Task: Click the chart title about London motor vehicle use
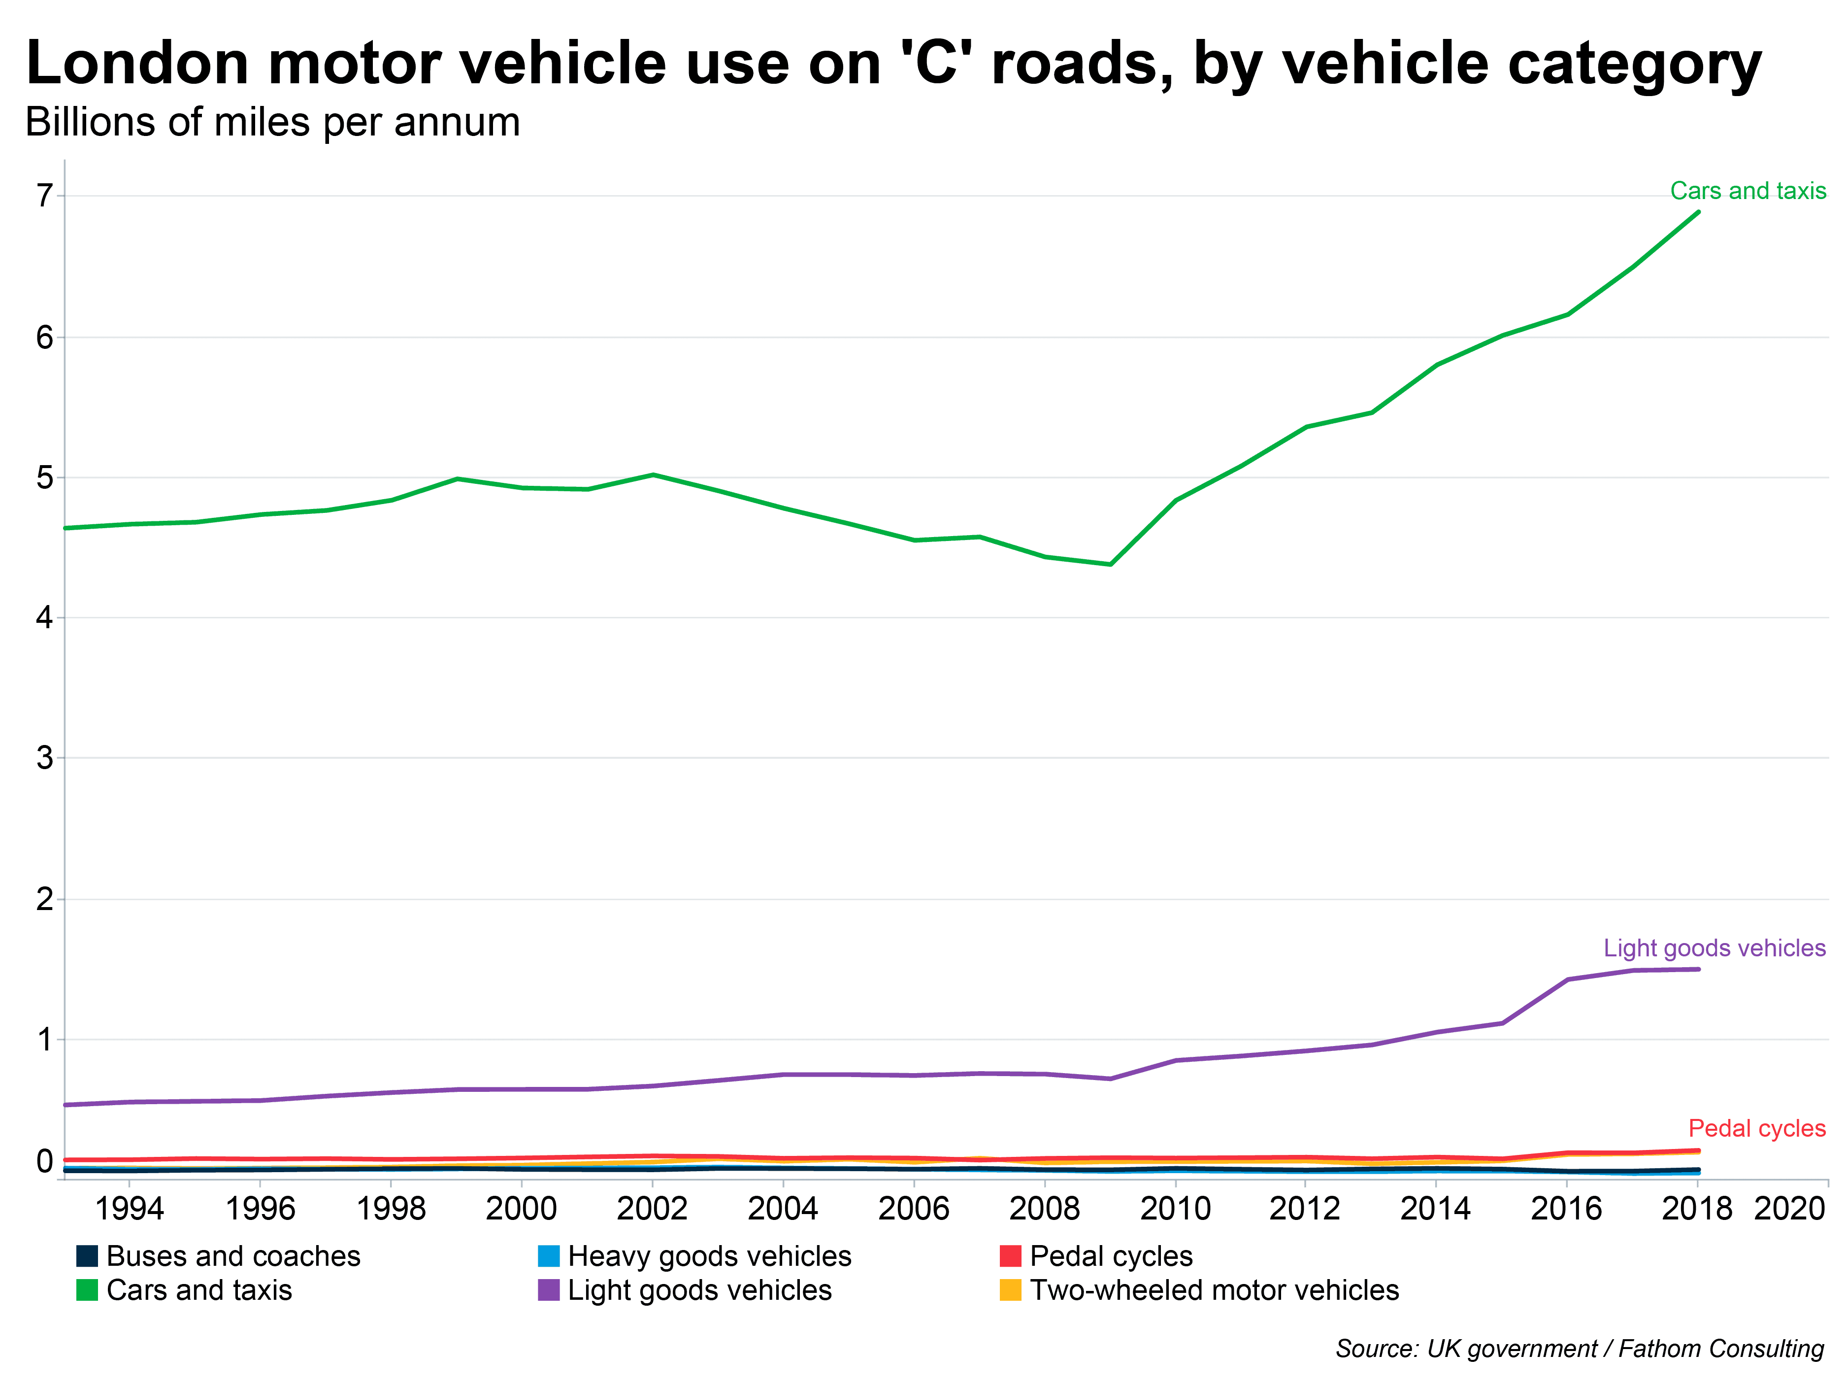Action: click(893, 64)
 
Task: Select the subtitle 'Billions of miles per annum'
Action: click(273, 123)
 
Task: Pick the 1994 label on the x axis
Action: click(130, 1209)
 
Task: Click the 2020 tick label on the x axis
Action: click(1789, 1209)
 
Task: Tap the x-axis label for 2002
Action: click(652, 1209)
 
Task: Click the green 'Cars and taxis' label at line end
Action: click(1748, 191)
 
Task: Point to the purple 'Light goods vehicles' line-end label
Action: click(1714, 948)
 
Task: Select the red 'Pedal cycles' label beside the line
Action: click(1757, 1129)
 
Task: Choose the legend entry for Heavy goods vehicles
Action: click(709, 1256)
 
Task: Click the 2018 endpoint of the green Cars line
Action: click(1698, 212)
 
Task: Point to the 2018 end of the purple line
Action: click(1698, 969)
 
